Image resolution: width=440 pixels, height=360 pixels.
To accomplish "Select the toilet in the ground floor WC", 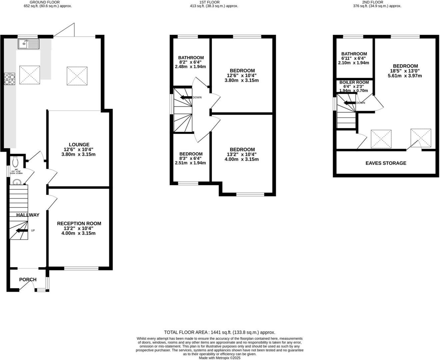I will (x=15, y=162).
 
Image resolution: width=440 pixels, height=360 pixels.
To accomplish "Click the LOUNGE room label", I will (x=79, y=145).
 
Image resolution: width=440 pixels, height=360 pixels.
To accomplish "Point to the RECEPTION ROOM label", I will (x=79, y=223).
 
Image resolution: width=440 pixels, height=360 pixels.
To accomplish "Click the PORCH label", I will (x=28, y=280).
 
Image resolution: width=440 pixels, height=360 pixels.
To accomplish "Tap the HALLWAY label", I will (x=28, y=215).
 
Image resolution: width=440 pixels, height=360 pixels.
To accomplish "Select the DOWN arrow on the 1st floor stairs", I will (x=186, y=97).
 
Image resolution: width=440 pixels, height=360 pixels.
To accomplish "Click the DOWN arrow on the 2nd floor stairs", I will (x=350, y=103).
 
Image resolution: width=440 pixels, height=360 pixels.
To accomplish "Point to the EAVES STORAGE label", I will (x=386, y=163).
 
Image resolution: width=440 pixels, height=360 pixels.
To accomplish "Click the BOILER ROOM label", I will (x=354, y=82).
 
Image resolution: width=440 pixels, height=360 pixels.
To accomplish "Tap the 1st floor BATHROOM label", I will (x=191, y=58).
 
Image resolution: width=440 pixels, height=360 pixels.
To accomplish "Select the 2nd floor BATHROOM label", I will (x=354, y=54).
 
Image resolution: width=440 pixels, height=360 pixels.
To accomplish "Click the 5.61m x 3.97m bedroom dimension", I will (x=405, y=76).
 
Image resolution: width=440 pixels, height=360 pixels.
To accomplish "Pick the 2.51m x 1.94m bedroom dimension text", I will (x=190, y=163).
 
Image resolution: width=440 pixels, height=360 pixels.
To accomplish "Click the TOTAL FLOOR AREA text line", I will (x=220, y=332).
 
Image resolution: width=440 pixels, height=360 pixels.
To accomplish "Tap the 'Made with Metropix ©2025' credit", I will (x=220, y=358).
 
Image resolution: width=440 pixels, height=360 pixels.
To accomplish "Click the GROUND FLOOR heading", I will (x=45, y=2).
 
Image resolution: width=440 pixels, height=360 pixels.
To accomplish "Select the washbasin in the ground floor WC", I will (x=17, y=182).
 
